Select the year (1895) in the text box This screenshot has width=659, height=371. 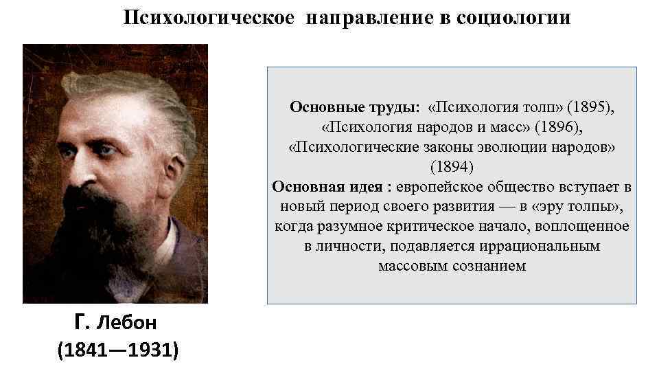coord(591,107)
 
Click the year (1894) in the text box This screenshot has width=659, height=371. coord(452,167)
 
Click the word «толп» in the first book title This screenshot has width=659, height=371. coord(544,107)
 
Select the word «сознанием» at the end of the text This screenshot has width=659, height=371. coord(492,266)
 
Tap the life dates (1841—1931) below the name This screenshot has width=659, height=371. coord(118,350)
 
